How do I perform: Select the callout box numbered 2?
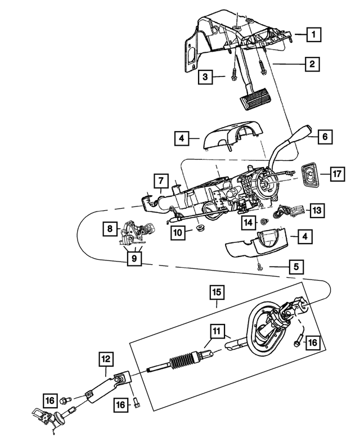(310, 64)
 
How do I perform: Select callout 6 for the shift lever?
(325, 136)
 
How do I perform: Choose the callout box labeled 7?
(160, 181)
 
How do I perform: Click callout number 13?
(317, 210)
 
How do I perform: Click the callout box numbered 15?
(217, 292)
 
